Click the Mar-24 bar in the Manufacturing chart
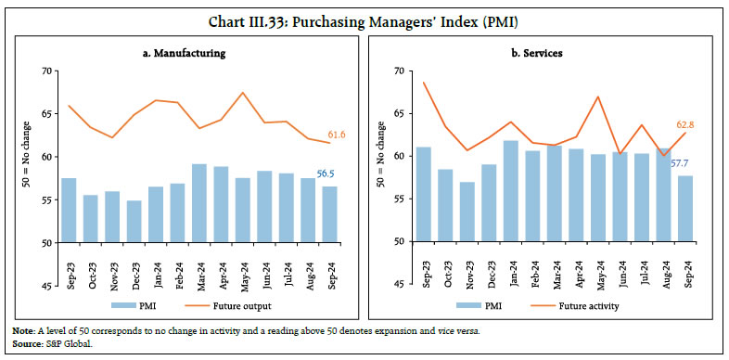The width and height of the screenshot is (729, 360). click(198, 203)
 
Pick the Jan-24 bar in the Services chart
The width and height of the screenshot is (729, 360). click(509, 191)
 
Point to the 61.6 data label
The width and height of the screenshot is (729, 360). click(339, 135)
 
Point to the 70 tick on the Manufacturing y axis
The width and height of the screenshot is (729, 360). click(45, 71)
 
